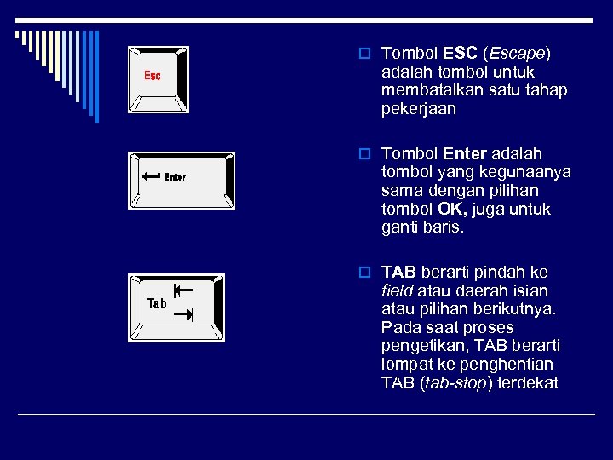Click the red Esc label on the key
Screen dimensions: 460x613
pos(152,77)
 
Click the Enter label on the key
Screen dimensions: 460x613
pos(175,177)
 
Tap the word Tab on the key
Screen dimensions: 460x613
pos(158,303)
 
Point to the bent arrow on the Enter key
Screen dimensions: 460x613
pos(152,176)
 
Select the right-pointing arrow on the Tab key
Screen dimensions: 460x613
pos(183,315)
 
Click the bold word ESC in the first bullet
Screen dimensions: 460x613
pos(461,54)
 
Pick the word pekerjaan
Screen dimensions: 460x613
pos(419,109)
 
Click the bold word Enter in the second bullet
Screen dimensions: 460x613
pos(465,154)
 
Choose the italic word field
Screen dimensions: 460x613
pos(398,291)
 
